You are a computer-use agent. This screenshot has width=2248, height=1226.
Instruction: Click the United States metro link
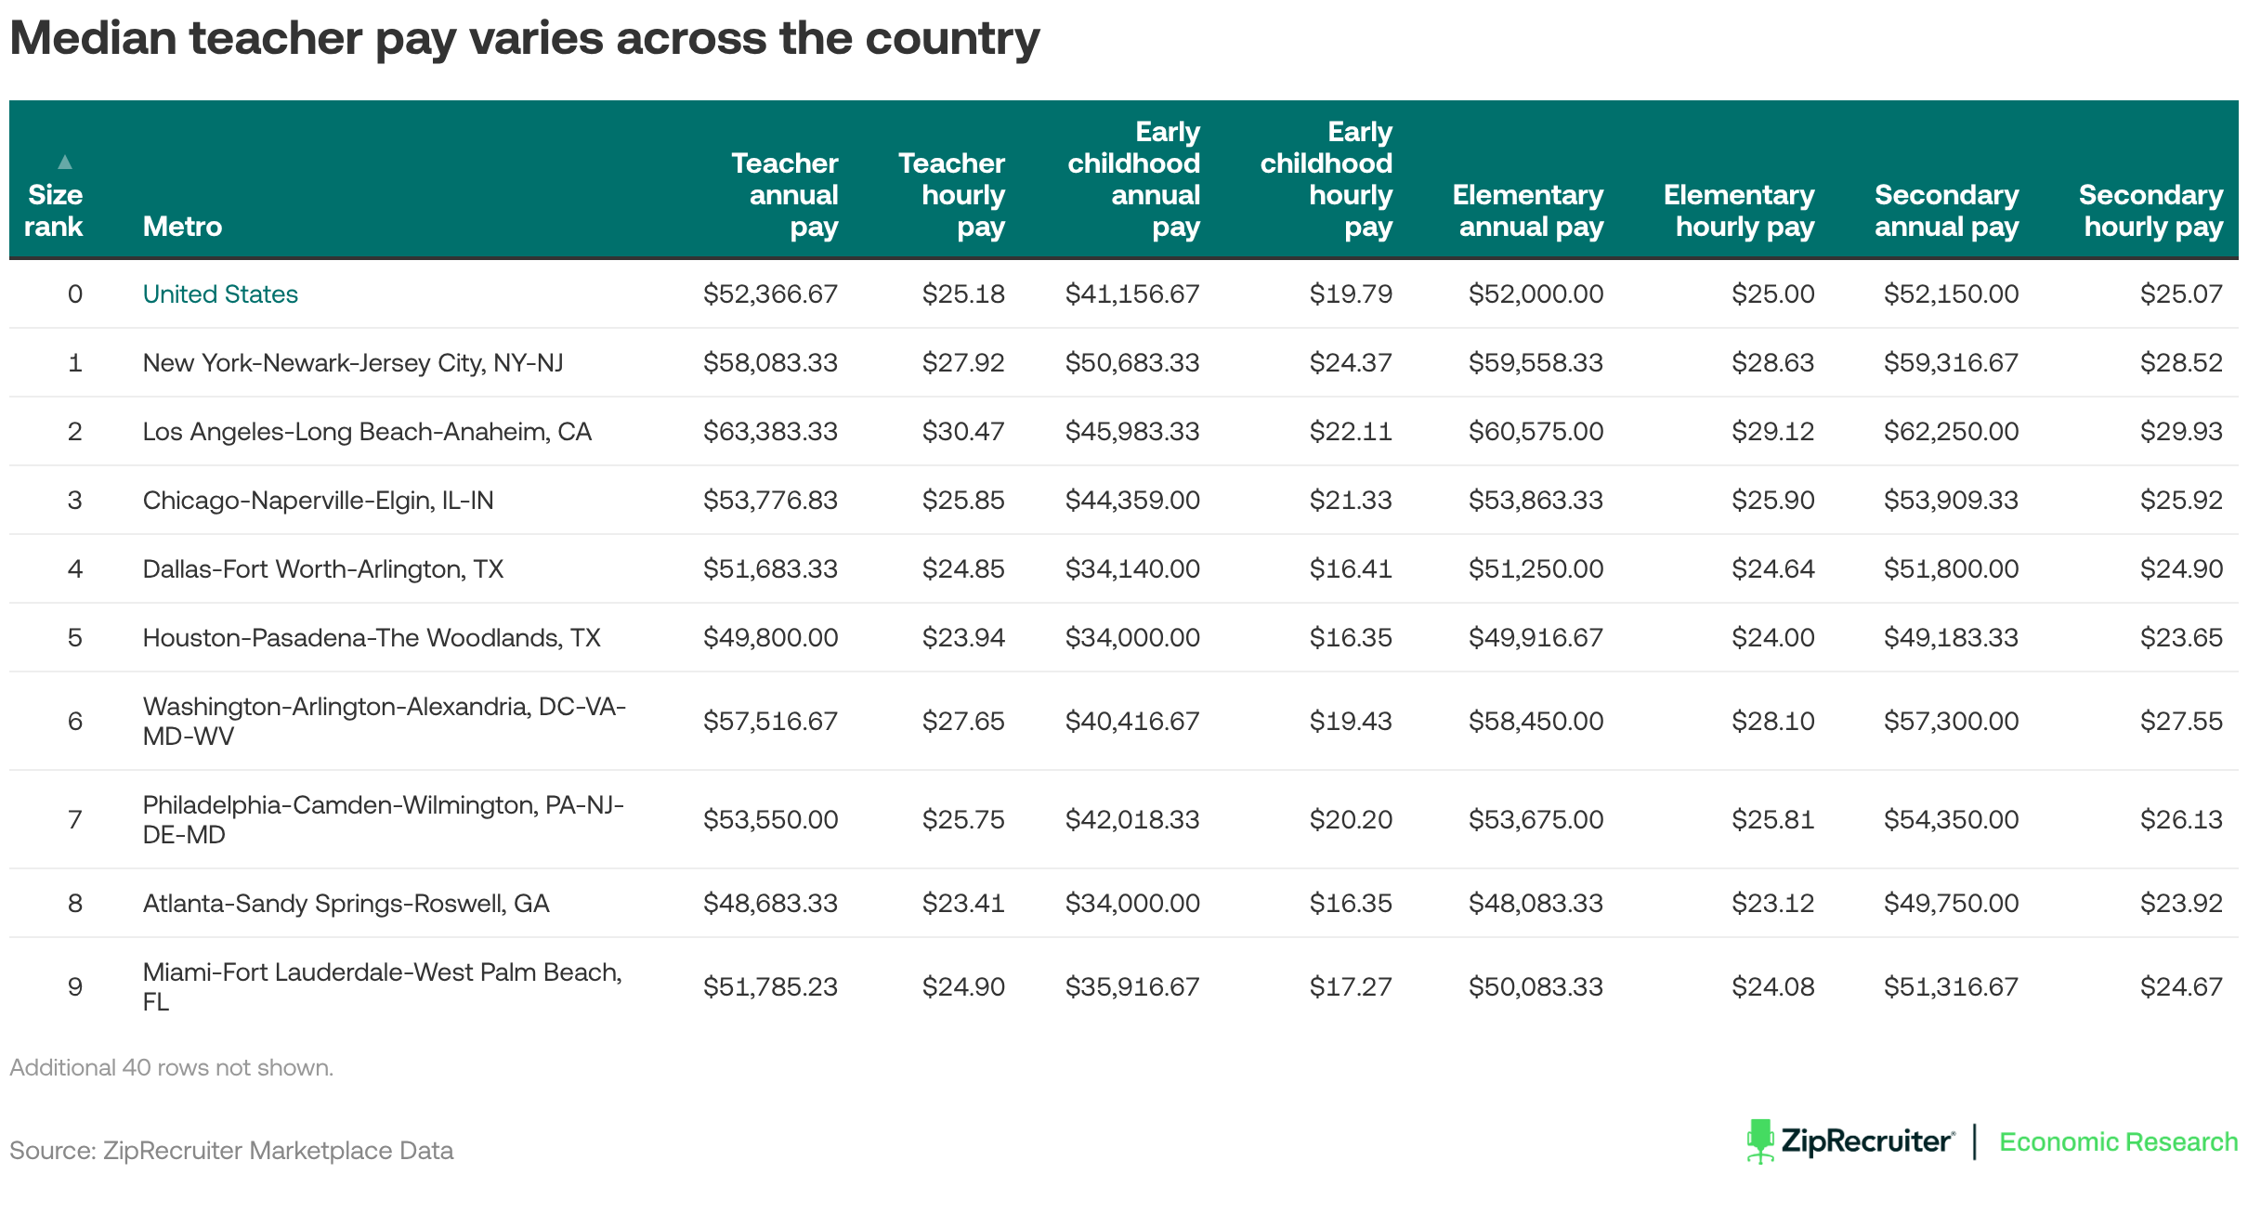click(x=220, y=293)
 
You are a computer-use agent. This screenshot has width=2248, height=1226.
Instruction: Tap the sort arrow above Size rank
click(x=65, y=162)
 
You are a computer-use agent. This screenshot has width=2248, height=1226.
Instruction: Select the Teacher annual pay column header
click(x=785, y=194)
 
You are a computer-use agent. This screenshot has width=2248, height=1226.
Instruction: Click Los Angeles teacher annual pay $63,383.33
click(x=770, y=431)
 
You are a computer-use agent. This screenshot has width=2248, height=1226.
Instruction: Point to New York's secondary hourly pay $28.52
click(x=2181, y=362)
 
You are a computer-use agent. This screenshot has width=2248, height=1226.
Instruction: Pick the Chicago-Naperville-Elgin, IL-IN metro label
click(x=318, y=500)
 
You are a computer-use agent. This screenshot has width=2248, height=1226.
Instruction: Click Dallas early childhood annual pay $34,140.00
click(x=1132, y=568)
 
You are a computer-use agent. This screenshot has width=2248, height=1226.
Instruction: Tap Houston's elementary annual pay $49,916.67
click(x=1536, y=637)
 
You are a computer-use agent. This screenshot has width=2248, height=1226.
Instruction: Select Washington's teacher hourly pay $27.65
click(x=963, y=721)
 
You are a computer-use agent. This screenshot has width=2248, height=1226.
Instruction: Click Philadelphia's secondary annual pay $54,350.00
click(x=1951, y=819)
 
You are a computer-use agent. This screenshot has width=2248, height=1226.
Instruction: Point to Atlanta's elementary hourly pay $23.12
click(x=1772, y=903)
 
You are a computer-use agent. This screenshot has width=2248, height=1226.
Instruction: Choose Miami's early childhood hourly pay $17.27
click(x=1351, y=986)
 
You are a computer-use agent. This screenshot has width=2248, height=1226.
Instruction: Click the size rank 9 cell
click(x=75, y=986)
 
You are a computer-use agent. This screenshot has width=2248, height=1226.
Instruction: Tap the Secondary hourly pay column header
click(x=2151, y=210)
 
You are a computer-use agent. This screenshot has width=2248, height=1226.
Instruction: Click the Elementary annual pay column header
click(x=1528, y=210)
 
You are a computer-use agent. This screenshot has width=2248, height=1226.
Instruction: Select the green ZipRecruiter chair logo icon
click(x=1759, y=1141)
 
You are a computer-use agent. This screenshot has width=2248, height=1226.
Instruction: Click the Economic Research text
click(x=2118, y=1141)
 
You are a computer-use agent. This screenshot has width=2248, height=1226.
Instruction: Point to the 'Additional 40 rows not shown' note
click(x=172, y=1067)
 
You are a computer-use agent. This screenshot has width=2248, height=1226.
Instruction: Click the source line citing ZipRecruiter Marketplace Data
click(x=231, y=1150)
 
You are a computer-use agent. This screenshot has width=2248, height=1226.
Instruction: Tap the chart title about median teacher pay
click(x=525, y=39)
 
